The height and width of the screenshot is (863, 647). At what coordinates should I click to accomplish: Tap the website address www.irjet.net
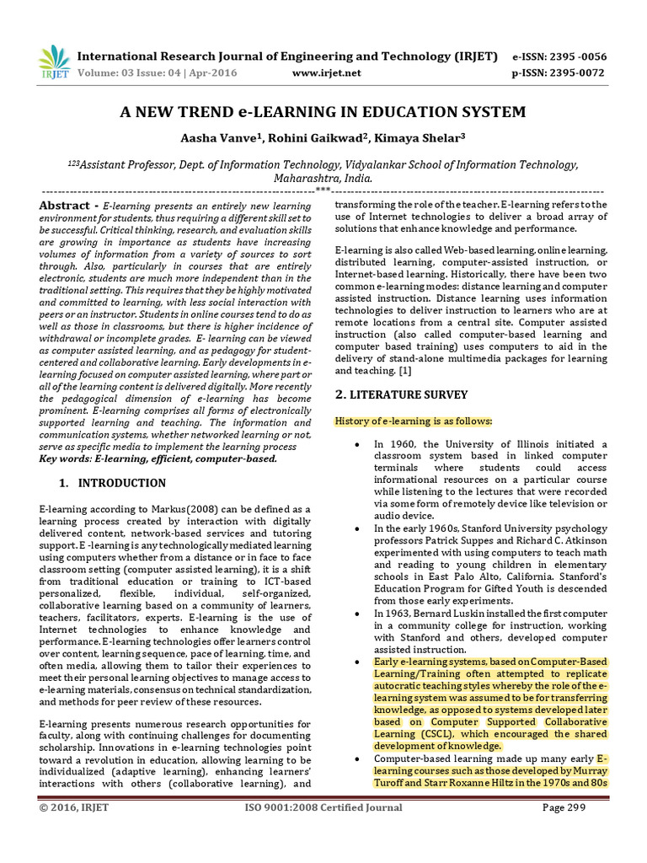326,72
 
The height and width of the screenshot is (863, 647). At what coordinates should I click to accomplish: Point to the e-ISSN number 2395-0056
576,56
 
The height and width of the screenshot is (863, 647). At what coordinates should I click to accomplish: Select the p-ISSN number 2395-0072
576,72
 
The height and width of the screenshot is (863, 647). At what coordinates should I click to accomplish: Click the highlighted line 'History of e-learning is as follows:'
414,421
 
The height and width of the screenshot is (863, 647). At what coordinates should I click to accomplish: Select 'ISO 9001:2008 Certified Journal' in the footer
323,808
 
